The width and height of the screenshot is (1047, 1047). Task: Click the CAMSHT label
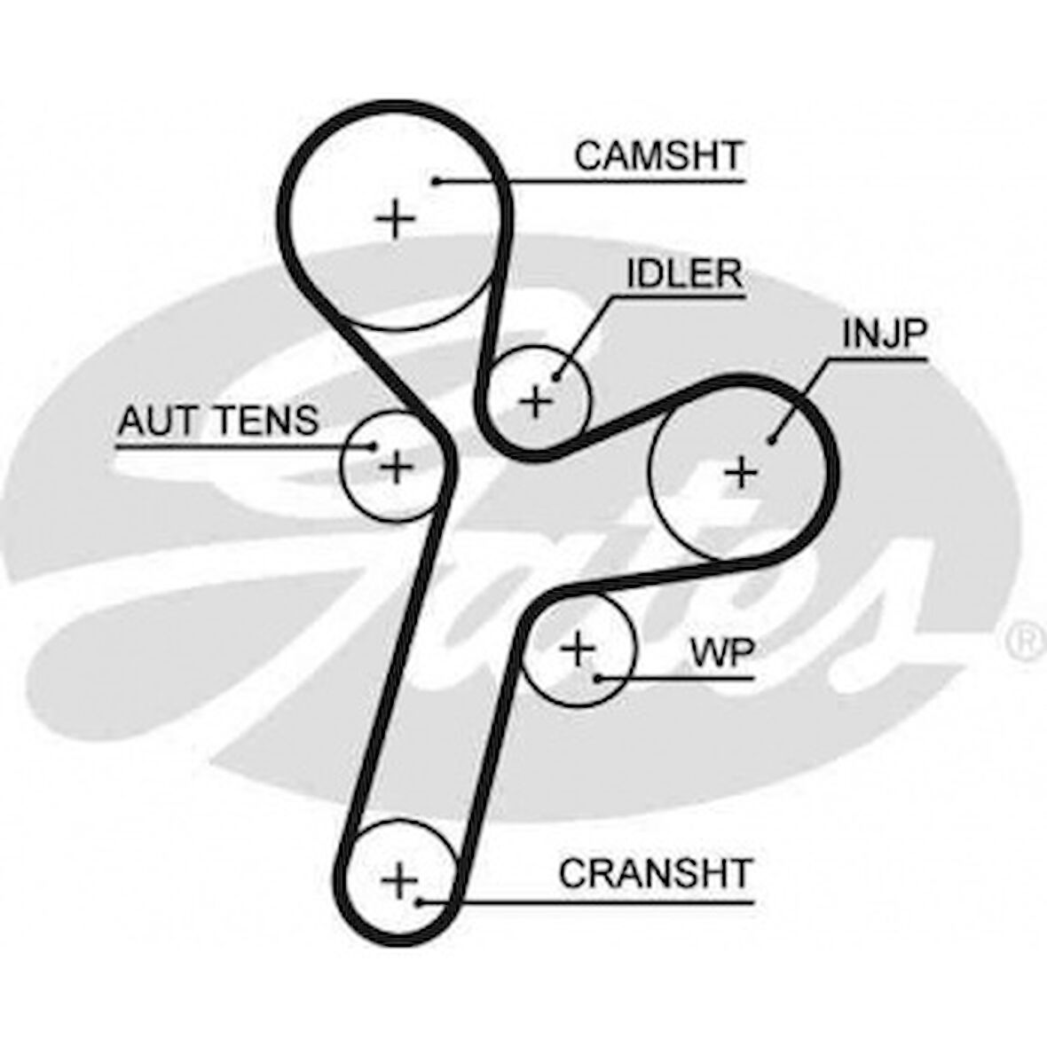coord(657,156)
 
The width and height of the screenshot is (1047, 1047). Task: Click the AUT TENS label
coord(217,420)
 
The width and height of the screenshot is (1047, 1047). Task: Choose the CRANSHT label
coord(655,874)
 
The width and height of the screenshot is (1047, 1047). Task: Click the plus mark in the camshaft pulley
coord(395,218)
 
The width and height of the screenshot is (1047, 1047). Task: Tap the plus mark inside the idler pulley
coord(536,402)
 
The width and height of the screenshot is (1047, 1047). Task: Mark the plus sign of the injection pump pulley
coord(741,472)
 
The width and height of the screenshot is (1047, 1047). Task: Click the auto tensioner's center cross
coord(396,465)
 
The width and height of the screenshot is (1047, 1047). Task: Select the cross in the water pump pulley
coord(579,649)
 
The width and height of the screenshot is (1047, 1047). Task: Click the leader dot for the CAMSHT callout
coord(437,182)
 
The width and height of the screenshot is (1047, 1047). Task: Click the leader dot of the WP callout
coord(599,679)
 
